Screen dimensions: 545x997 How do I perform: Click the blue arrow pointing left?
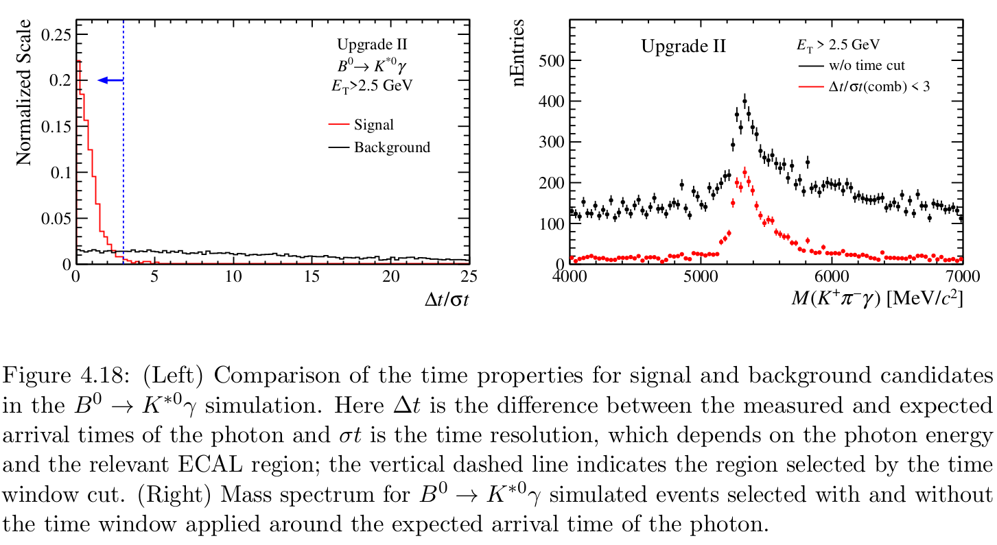click(110, 80)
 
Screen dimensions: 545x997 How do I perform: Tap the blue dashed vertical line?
click(124, 171)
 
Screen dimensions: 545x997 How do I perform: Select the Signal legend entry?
click(373, 125)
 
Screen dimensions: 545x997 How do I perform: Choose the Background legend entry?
click(391, 147)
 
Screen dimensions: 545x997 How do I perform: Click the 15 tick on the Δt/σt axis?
click(312, 276)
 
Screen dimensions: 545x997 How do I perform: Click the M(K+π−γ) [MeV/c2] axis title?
click(871, 299)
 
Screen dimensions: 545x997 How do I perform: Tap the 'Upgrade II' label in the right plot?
click(683, 47)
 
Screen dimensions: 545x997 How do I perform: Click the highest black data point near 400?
click(744, 100)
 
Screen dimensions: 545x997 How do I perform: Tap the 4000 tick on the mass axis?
click(569, 276)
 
